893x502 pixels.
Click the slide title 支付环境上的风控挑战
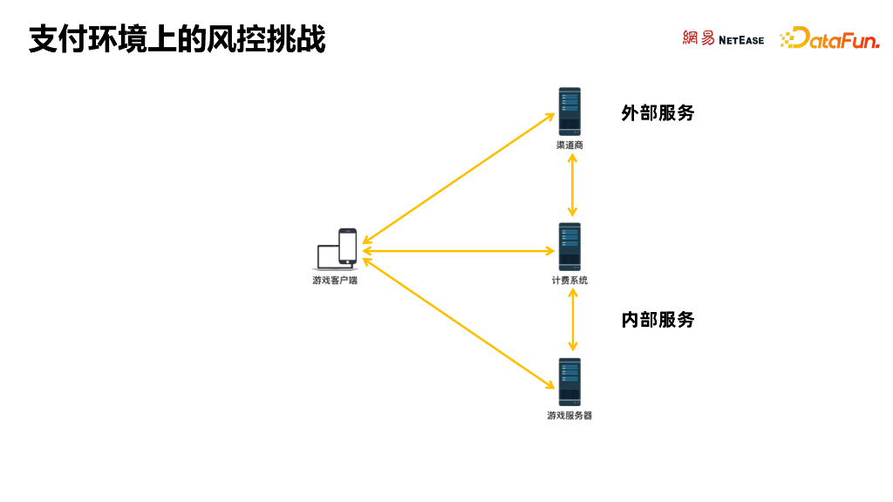pos(177,39)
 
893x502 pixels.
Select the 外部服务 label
pos(658,113)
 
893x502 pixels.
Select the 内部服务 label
pos(658,320)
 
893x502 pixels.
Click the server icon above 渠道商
pos(569,111)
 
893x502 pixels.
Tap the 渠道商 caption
pos(569,146)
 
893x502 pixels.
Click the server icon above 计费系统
pos(569,246)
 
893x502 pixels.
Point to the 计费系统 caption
pos(569,281)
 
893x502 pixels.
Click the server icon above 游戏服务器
pos(569,381)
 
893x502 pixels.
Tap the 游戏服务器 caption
pos(569,416)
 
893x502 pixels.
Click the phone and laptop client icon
pos(337,248)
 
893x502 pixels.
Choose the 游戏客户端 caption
pos(335,281)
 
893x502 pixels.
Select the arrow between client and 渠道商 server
pos(460,178)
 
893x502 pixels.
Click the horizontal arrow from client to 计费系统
pos(460,251)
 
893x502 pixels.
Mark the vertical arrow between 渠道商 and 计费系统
pos(572,185)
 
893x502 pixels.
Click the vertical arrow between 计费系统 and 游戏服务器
pos(573,320)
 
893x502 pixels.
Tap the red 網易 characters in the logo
pos(699,38)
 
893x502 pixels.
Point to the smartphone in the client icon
pos(347,246)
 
